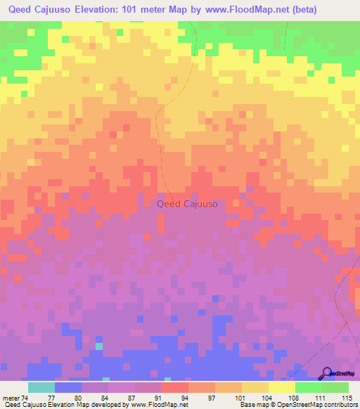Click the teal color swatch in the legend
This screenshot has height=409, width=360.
click(41, 387)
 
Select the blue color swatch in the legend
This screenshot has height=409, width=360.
click(68, 387)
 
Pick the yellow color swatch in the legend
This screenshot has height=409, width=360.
click(282, 387)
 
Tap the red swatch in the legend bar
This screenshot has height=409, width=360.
click(175, 387)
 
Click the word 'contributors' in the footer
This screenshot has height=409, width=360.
click(340, 405)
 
